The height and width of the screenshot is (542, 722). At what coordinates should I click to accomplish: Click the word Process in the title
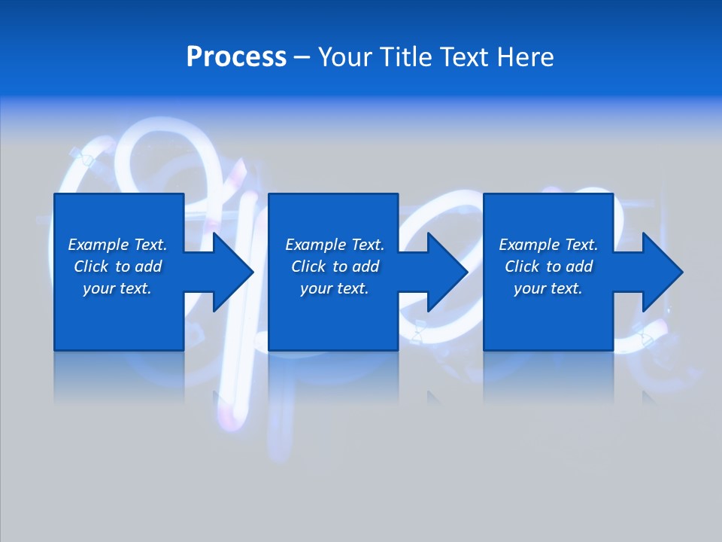(236, 57)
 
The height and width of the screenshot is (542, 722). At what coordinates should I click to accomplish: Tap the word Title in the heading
(404, 57)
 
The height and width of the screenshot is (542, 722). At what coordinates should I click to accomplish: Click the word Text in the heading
(465, 57)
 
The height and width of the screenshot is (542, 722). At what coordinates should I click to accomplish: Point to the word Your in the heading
(344, 57)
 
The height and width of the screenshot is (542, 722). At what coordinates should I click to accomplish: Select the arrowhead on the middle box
(446, 272)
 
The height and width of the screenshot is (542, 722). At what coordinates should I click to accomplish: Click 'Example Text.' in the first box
(117, 245)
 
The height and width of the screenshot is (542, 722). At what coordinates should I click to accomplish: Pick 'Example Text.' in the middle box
(335, 245)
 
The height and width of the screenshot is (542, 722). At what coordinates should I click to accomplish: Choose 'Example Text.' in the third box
(548, 245)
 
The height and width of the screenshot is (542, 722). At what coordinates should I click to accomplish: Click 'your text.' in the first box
(117, 288)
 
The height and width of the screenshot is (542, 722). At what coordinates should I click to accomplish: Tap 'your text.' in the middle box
(335, 288)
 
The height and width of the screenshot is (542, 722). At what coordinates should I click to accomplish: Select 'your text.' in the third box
(548, 288)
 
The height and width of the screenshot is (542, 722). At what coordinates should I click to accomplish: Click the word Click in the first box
(91, 266)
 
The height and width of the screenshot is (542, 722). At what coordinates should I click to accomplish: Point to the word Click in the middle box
(308, 266)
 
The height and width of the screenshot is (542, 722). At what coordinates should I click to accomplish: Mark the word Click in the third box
(522, 266)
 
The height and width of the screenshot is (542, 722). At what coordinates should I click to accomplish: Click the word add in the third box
(580, 266)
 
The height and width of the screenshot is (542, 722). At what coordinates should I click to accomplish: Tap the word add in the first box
(149, 266)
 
